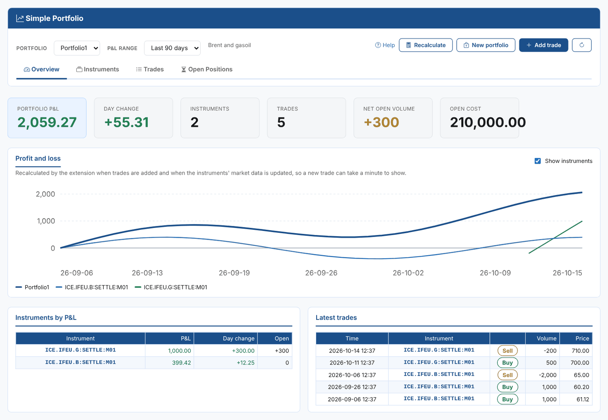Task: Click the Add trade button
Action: (x=543, y=45)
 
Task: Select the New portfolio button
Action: (x=486, y=45)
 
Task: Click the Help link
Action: (x=385, y=45)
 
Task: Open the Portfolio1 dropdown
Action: (x=77, y=48)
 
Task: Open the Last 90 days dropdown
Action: (x=173, y=48)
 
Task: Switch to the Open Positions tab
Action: (x=207, y=69)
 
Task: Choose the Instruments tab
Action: (x=98, y=69)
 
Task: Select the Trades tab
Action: (x=150, y=69)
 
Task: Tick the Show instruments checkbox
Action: (x=537, y=161)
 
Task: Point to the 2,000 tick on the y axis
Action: (x=45, y=194)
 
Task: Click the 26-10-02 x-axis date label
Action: (x=408, y=273)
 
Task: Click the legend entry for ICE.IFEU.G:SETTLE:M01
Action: (x=171, y=287)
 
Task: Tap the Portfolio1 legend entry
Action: (x=32, y=287)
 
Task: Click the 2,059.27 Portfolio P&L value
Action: (x=47, y=122)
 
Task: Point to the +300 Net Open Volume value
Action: (x=382, y=122)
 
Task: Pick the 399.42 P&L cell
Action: (x=181, y=363)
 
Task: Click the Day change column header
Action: (x=239, y=338)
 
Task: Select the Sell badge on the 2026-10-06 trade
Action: (x=507, y=375)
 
